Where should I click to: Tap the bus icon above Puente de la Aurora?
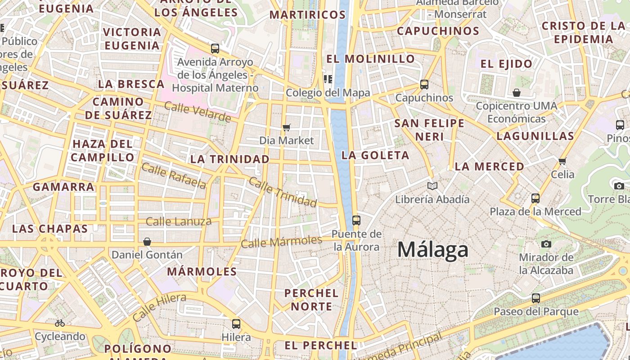[356, 220]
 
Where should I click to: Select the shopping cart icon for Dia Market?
[287, 127]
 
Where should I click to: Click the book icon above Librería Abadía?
[432, 186]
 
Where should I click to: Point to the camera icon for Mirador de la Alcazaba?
[546, 244]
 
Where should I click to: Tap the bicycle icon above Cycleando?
[60, 323]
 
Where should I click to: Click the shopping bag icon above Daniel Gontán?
[147, 242]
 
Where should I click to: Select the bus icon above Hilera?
[236, 324]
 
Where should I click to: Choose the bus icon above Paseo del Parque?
[536, 298]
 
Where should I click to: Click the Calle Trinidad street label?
[283, 192]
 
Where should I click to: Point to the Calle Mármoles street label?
[282, 242]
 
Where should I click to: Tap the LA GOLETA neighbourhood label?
[375, 156]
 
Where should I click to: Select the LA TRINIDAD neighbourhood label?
[229, 159]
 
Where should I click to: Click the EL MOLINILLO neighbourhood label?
[370, 59]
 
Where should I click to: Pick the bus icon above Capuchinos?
[424, 84]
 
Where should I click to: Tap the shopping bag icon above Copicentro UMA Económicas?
[517, 93]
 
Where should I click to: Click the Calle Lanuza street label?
[179, 221]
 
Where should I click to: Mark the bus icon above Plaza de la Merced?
[535, 198]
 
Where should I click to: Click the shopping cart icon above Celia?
[562, 161]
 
